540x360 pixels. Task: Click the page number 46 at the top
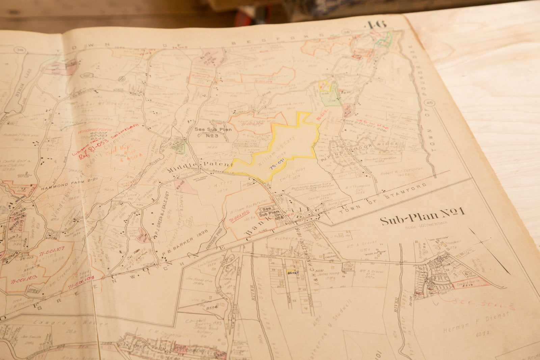(x=376, y=26)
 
